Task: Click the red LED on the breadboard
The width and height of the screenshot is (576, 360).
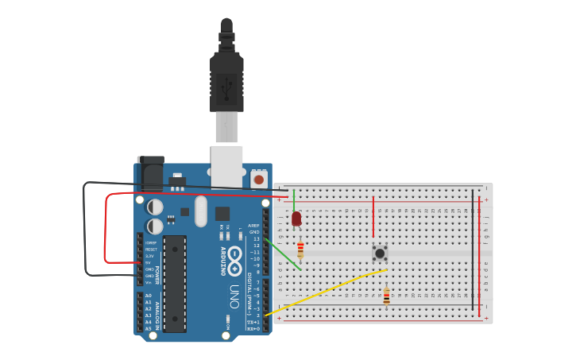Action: coord(296,218)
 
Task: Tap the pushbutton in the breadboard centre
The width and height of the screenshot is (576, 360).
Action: coord(380,253)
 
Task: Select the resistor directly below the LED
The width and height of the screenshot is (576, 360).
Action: coord(300,250)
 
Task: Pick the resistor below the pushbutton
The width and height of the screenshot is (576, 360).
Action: coord(386,296)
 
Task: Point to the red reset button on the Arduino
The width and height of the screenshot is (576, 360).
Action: coord(258,180)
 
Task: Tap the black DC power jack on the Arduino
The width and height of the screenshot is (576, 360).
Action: coord(150,172)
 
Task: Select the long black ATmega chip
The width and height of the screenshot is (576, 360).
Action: coord(175,283)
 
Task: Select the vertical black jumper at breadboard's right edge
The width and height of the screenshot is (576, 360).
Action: coord(473,250)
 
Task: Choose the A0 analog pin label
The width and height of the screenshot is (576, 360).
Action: coord(148,296)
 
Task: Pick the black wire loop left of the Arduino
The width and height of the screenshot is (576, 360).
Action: coord(85,230)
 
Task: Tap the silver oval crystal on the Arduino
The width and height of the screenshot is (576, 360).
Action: coord(200,211)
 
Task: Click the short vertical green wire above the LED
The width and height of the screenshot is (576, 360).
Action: coord(294,199)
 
